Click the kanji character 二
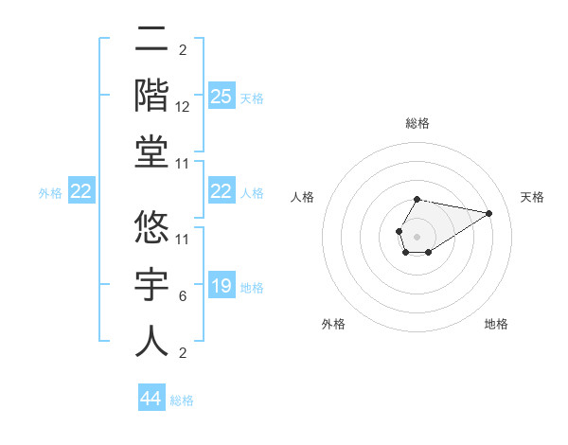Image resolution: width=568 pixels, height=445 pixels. point(152,40)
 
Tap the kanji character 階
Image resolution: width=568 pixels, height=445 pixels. point(152,96)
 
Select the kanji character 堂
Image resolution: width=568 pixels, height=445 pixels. point(152,151)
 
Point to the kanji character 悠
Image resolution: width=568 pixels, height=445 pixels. point(152,227)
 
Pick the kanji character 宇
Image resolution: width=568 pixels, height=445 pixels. point(152,283)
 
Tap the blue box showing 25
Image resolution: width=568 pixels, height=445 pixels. point(221,96)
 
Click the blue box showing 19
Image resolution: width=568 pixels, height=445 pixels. point(221,287)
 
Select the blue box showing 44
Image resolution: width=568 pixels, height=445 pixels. point(151,399)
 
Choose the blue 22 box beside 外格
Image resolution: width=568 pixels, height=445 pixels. point(80,192)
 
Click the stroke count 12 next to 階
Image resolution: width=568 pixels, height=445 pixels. point(184,106)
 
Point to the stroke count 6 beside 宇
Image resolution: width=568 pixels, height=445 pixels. point(183,296)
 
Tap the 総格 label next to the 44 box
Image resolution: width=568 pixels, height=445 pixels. point(182,400)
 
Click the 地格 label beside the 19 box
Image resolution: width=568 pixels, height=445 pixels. point(252,288)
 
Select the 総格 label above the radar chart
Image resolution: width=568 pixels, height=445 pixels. point(417,123)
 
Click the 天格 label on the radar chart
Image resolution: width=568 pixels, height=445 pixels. point(532,197)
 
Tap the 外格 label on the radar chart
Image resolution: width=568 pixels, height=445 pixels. point(333,324)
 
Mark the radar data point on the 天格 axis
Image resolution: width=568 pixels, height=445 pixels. point(489,212)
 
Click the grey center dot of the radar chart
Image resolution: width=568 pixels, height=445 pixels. point(417,235)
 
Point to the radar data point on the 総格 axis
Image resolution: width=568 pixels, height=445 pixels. point(417,199)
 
